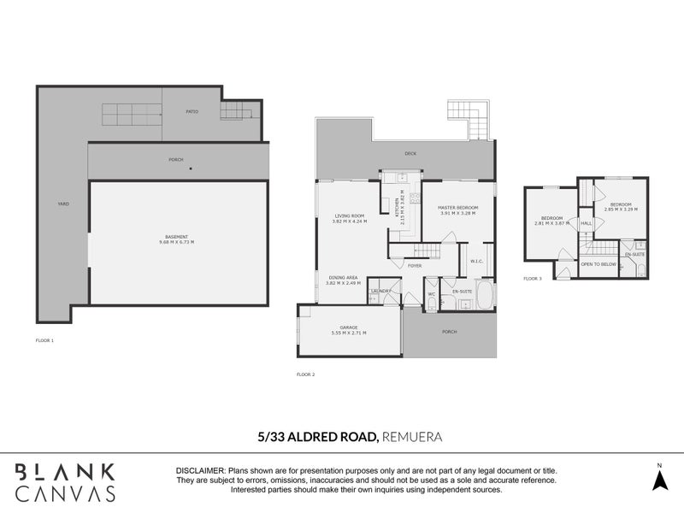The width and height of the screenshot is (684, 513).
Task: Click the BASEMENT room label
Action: coord(176,236)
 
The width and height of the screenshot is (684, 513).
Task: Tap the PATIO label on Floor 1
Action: coord(192,112)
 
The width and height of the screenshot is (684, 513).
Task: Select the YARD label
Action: coord(63,204)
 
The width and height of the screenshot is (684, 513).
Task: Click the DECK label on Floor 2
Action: coord(410,154)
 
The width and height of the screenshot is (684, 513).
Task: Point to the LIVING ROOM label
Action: coord(349,215)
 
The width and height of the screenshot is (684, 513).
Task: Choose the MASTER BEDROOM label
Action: coord(457,208)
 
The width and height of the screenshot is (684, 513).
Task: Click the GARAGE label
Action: coord(348,327)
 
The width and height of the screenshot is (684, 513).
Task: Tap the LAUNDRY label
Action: coord(380,292)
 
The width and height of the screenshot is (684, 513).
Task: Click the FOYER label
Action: coord(415,266)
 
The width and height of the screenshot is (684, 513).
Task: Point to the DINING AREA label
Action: coord(342,277)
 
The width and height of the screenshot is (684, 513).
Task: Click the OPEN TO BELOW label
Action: coord(598,264)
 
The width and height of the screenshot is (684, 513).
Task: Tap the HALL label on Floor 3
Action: coord(587,223)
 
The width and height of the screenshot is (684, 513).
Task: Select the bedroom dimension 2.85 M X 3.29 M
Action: coord(621,209)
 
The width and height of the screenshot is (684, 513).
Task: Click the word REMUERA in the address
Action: coord(414,437)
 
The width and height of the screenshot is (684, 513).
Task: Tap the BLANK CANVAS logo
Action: coord(65,481)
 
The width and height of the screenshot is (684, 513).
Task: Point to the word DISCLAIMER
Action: coord(200,471)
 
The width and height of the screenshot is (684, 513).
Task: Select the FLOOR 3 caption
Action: coord(533,279)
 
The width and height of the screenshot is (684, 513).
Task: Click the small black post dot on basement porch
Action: coord(191,169)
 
